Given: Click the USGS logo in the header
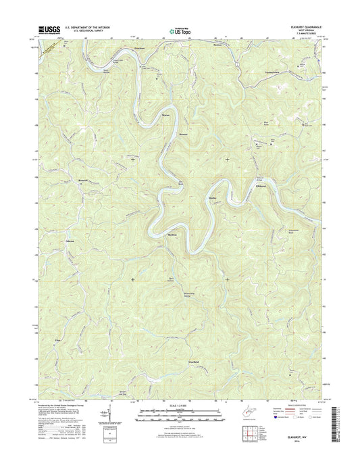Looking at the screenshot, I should click(51, 30).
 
